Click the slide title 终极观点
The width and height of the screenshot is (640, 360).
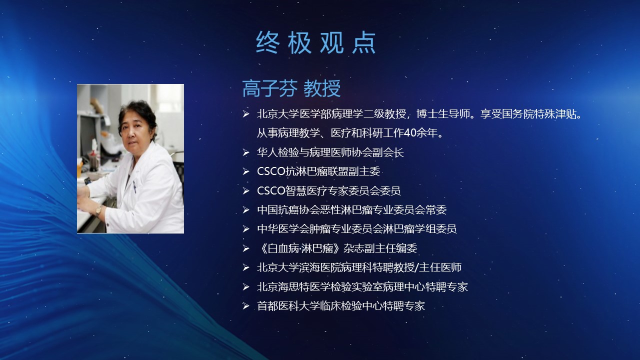pos(315,42)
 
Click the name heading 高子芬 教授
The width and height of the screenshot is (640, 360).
pos(291,88)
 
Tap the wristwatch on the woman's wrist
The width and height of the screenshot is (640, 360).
pos(98,210)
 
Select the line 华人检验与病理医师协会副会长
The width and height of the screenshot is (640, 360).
pos(330,152)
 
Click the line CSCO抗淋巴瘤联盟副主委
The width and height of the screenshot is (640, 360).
pos(318,171)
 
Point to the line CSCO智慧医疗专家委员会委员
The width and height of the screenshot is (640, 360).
pos(329,190)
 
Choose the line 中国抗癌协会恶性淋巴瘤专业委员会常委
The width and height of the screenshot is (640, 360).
pos(351,210)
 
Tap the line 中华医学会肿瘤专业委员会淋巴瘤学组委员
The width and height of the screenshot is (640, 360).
pos(357,229)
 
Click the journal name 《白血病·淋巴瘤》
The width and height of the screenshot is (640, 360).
pos(299,248)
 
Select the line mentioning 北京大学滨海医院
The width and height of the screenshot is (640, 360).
pos(359,267)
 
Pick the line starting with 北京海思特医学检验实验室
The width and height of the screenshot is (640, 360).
pos(362,287)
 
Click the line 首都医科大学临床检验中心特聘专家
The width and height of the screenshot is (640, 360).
pos(341,306)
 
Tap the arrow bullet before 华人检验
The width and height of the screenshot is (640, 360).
pos(246,152)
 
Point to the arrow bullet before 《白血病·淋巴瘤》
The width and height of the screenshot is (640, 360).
pos(246,248)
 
